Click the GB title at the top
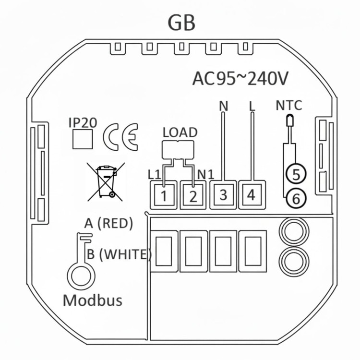pyautogui.click(x=181, y=23)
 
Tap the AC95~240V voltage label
pyautogui.click(x=240, y=79)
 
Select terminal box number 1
pyautogui.click(x=164, y=195)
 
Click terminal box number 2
pyautogui.click(x=193, y=195)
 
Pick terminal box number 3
pyautogui.click(x=223, y=195)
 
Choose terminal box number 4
pyautogui.click(x=252, y=195)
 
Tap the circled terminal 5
pyautogui.click(x=296, y=174)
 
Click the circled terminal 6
pyautogui.click(x=296, y=198)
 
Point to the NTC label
pyautogui.click(x=288, y=106)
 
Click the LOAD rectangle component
pyautogui.click(x=178, y=150)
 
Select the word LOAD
pyautogui.click(x=180, y=132)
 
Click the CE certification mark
pyautogui.click(x=120, y=137)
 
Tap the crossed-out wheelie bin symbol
pyautogui.click(x=106, y=182)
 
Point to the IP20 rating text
pyautogui.click(x=83, y=123)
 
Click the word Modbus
pyautogui.click(x=93, y=300)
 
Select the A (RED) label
pyautogui.click(x=108, y=223)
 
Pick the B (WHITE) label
pyautogui.click(x=120, y=254)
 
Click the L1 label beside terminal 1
pyautogui.click(x=154, y=175)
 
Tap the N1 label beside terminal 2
pyautogui.click(x=206, y=175)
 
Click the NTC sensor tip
pyautogui.click(x=289, y=120)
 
